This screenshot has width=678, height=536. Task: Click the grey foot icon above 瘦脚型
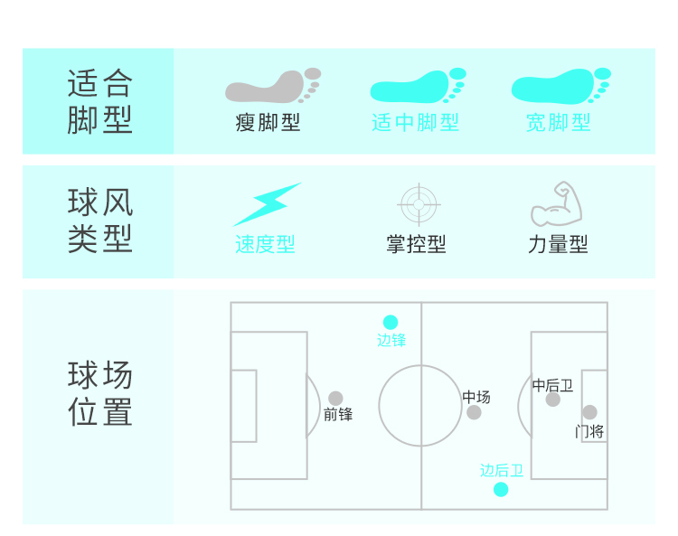[271, 87]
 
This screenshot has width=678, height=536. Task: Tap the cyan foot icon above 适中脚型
[417, 87]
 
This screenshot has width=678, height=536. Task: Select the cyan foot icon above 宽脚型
[560, 86]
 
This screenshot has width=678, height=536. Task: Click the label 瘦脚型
[268, 123]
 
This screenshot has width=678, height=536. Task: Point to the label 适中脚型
[415, 123]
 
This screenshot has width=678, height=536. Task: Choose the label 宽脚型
[559, 123]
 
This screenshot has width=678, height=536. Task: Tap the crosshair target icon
[418, 204]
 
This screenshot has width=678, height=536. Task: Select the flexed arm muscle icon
[557, 204]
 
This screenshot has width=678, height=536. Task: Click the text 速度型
[265, 245]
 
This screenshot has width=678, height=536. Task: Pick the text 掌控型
[416, 245]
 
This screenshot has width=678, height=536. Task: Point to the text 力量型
[558, 245]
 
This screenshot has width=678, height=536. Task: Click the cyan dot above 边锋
[391, 322]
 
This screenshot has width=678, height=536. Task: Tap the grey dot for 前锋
[335, 398]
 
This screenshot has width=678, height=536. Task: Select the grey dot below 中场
[474, 412]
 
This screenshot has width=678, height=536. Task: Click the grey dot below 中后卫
[552, 400]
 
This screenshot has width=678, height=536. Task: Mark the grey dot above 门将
[589, 412]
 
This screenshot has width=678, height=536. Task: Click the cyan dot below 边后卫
[501, 489]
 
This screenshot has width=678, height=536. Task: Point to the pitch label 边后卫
[502, 471]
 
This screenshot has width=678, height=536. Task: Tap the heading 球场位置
[100, 393]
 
